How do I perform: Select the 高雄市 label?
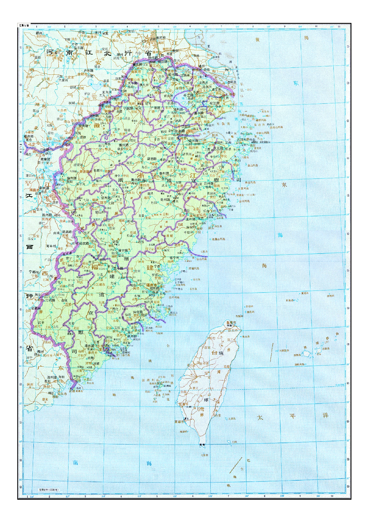tap(179, 421)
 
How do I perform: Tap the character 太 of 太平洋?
tap(260, 418)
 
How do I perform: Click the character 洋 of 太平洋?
tap(326, 415)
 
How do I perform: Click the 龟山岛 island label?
tap(246, 337)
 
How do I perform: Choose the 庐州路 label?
tap(88, 71)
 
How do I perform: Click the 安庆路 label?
tap(83, 126)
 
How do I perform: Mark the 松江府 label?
tap(215, 103)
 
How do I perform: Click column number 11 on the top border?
tap(339, 26)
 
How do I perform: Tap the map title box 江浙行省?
tap(24, 25)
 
